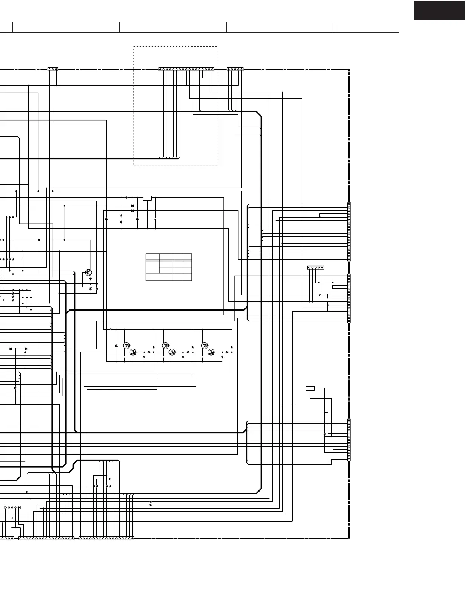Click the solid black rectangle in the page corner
click(439, 10)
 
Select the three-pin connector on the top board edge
click(53, 69)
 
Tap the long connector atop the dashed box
click(186, 69)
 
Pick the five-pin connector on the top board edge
click(235, 69)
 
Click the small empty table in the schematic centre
click(169, 267)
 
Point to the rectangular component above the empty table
click(147, 198)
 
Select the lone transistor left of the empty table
click(88, 272)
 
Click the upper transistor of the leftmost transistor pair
click(127, 345)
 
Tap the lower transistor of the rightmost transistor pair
click(211, 352)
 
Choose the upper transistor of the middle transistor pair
click(165, 345)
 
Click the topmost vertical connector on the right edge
click(349, 231)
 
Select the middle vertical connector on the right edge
click(349, 298)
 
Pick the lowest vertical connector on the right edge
click(349, 440)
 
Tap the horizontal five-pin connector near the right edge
click(316, 268)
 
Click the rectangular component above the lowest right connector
click(310, 388)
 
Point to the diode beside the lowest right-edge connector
click(325, 434)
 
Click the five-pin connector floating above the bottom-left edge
click(12, 507)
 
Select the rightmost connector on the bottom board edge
click(107, 538)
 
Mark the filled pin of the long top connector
click(160, 69)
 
